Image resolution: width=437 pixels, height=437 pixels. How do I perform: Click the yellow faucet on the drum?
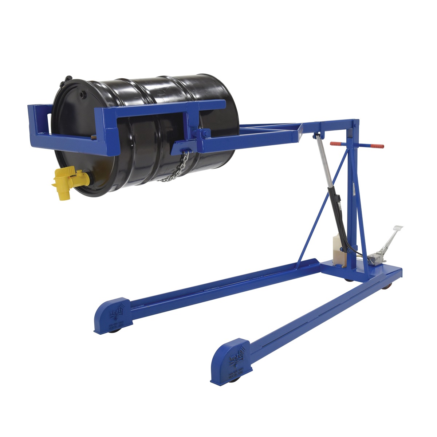pos(67,180)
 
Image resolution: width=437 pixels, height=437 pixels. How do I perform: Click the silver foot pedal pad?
pos(397,229)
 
